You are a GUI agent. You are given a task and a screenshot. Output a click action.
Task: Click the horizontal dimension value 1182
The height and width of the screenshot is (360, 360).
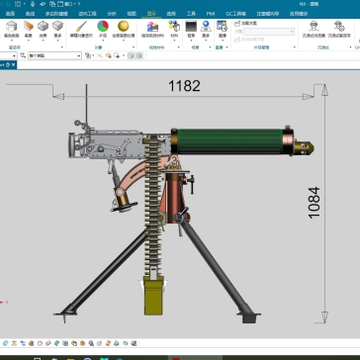point(184,86)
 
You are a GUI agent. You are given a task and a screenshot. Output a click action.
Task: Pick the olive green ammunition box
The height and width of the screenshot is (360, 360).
point(155,298)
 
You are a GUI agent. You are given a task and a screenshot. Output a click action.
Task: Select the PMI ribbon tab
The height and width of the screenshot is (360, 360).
point(210,15)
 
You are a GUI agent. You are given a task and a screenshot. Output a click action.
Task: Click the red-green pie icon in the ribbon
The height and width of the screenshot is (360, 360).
point(103,27)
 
